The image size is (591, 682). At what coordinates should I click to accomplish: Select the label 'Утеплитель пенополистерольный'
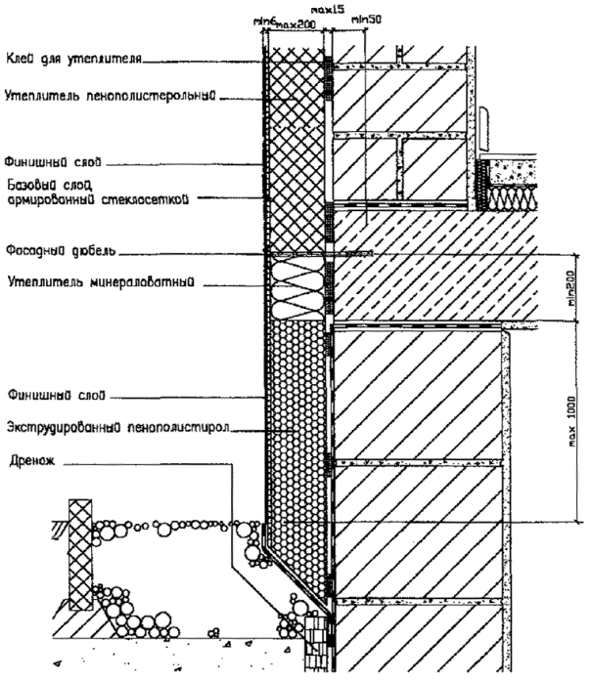[x=110, y=96]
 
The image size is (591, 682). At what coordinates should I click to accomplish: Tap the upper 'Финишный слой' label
[x=39, y=160]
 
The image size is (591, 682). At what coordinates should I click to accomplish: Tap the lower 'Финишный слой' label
[x=39, y=396]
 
